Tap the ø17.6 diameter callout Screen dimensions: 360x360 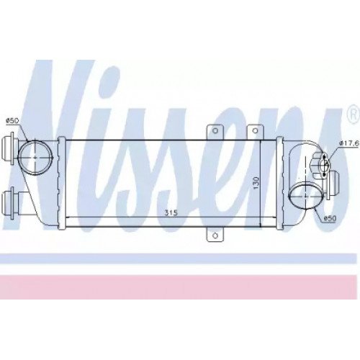(349, 143)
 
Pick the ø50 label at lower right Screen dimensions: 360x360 (330, 217)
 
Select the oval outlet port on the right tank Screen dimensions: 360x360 (305, 197)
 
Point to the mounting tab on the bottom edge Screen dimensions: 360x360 (213, 235)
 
